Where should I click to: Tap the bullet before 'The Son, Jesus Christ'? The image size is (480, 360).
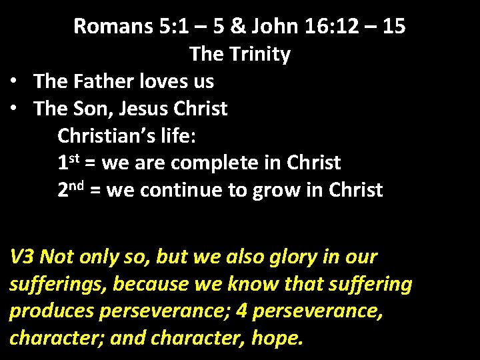[13, 109]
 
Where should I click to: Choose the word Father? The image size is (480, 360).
[99, 81]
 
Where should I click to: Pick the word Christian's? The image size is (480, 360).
[99, 135]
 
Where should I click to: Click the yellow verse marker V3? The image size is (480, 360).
[21, 257]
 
